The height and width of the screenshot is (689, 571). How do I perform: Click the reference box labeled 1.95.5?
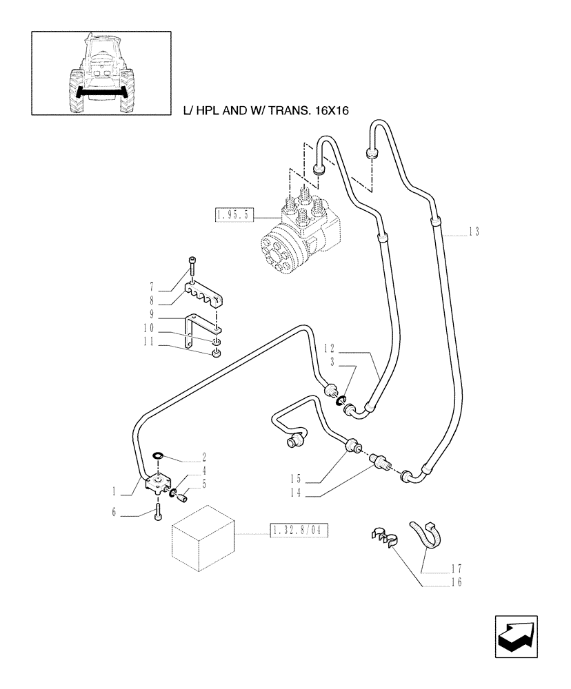coord(234,216)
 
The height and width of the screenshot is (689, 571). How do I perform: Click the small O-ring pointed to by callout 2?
coord(157,455)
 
